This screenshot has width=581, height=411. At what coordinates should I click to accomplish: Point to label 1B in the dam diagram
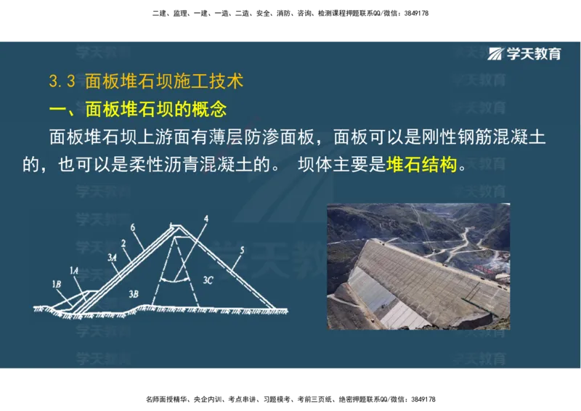coord(57,282)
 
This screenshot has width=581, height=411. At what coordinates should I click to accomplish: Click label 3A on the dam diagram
coord(112,257)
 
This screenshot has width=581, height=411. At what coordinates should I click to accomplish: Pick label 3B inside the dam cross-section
coord(132,293)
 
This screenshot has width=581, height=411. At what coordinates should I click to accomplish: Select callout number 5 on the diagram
coord(243,250)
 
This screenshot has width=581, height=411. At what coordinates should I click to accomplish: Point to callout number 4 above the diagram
coord(206,218)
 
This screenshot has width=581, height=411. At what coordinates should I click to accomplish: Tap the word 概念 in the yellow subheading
coord(209,110)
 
